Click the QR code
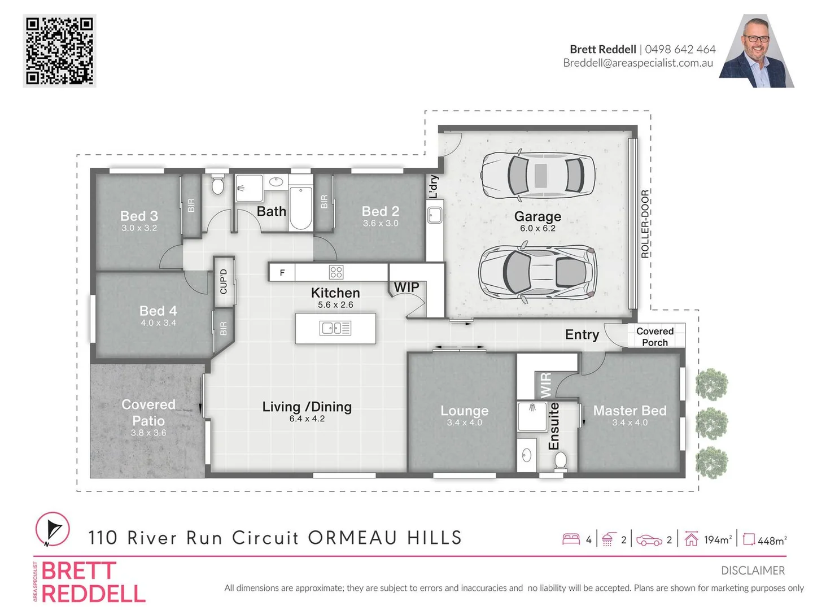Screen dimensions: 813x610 pos(59,51)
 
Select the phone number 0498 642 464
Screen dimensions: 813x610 pos(680,49)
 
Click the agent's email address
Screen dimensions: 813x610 pos(638,63)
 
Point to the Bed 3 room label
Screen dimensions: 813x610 pos(139,216)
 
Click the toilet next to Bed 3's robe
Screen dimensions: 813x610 pos(217,185)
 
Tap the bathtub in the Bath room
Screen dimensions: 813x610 pos(300,208)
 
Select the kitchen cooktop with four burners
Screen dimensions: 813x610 pos(335,272)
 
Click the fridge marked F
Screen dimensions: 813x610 pos(282,273)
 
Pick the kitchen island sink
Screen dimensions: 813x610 pos(335,328)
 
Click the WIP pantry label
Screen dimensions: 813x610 pos(406,287)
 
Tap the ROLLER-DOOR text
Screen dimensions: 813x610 pos(645,224)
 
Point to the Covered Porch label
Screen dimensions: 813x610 pos(654,337)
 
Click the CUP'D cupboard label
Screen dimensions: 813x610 pos(224,281)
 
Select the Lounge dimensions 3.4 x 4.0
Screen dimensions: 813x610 pos(464,422)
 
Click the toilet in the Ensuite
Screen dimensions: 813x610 pos(560,461)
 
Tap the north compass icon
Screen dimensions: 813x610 pos(53,529)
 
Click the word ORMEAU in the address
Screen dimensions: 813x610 pos(353,538)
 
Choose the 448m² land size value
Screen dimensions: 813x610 pos(772,541)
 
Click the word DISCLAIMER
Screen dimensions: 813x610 pos(753,570)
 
